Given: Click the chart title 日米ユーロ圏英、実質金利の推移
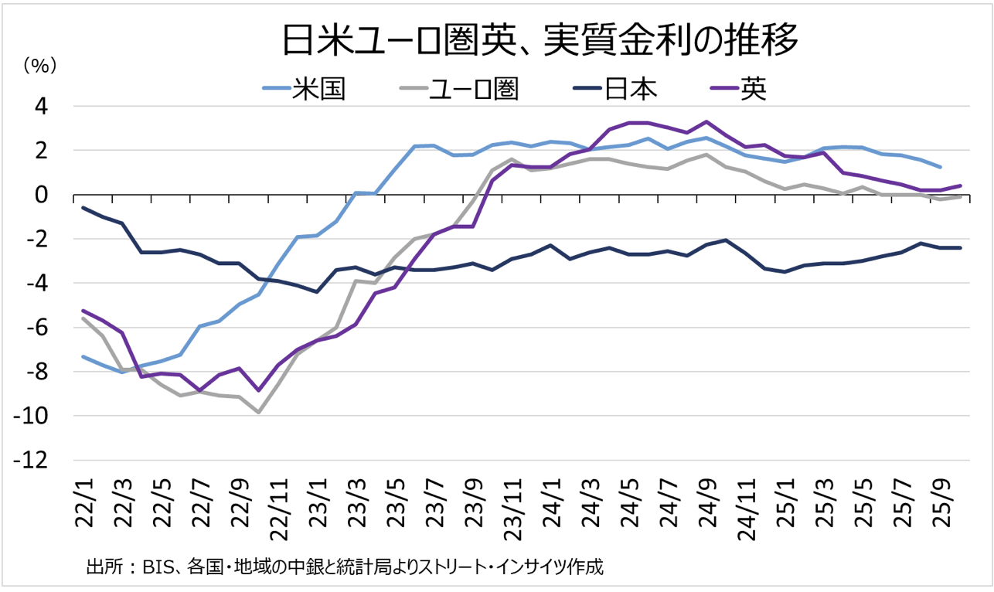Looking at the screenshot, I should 539,41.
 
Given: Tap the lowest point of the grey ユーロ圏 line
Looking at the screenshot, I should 259,412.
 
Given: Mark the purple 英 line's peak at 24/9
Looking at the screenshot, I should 706,122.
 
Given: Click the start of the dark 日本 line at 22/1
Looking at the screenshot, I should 83,207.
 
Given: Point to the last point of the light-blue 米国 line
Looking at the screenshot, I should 940,167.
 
